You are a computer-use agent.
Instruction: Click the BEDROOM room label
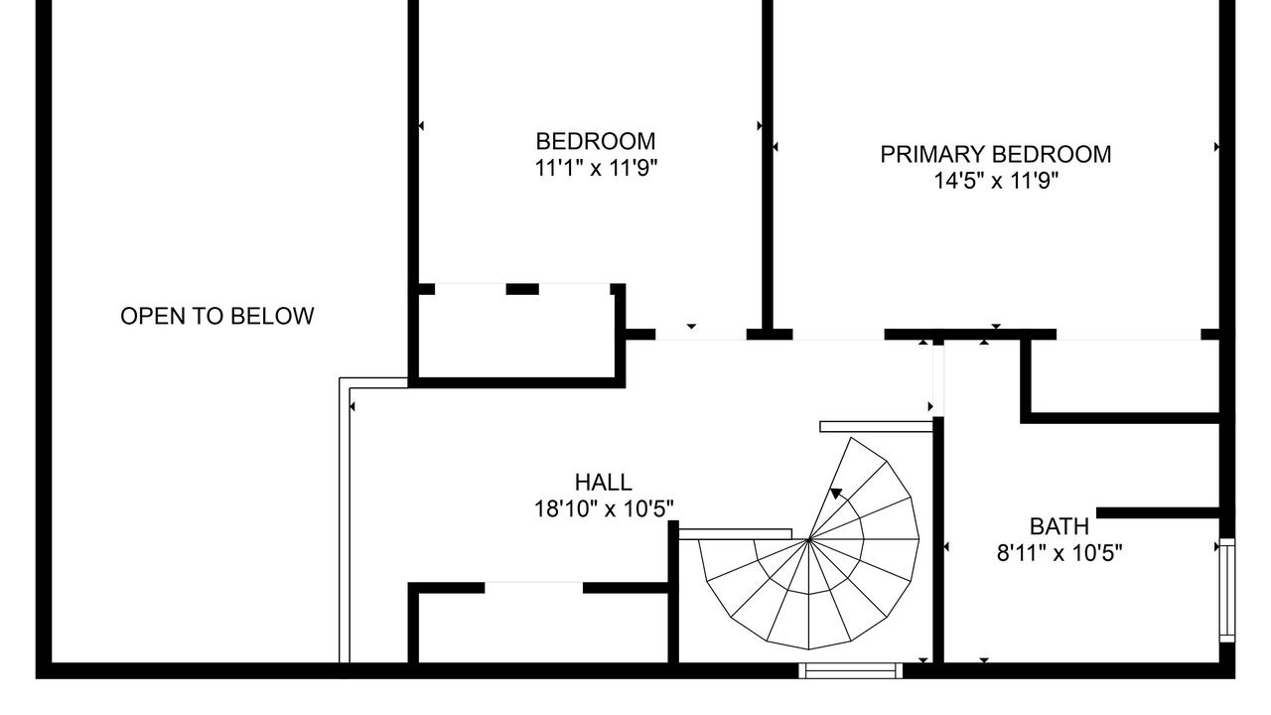click(595, 141)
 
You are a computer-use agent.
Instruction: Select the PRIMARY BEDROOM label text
click(995, 154)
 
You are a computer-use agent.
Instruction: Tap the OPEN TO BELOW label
click(216, 316)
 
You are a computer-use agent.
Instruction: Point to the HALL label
click(603, 483)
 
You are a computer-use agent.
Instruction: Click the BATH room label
click(1059, 526)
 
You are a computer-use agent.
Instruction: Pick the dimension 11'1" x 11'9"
click(596, 168)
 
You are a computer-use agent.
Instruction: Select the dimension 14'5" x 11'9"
click(996, 181)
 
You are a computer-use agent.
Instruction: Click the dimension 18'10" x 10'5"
click(604, 509)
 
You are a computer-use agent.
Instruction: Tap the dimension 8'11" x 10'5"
click(1059, 553)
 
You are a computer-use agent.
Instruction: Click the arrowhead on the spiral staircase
click(836, 494)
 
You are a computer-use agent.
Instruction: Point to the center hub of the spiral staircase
click(808, 539)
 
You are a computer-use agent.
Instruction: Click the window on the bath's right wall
click(1227, 590)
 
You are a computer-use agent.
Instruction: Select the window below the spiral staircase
click(851, 670)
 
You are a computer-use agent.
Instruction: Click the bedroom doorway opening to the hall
click(701, 335)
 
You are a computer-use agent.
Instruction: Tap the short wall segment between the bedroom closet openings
click(522, 289)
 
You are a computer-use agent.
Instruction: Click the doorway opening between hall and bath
click(938, 380)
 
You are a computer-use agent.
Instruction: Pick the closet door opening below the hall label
click(534, 588)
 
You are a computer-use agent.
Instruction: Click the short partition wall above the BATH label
click(1158, 513)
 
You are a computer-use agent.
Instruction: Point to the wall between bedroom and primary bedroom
click(768, 165)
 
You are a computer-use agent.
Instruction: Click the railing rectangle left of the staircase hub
click(736, 534)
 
